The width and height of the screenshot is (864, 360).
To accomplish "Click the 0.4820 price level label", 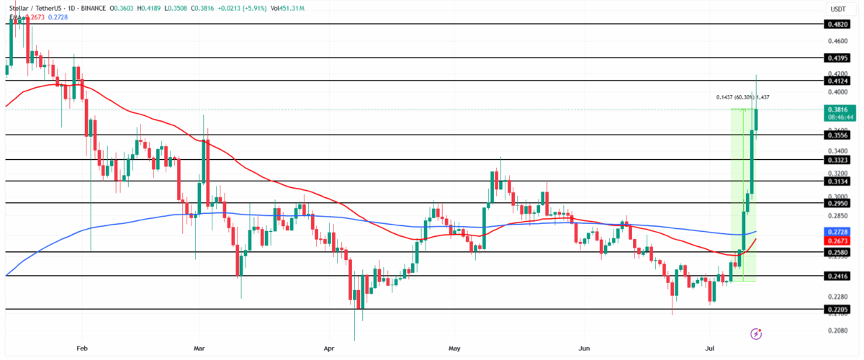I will pyautogui.click(x=837, y=24).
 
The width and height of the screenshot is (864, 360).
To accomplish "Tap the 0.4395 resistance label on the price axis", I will pyautogui.click(x=837, y=57).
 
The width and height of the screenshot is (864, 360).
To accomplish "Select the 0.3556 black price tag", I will pyautogui.click(x=837, y=135).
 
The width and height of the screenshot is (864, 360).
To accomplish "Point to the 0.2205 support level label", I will pyautogui.click(x=837, y=310).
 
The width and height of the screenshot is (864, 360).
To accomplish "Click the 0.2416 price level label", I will pyautogui.click(x=837, y=276).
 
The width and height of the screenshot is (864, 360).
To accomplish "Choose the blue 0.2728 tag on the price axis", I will pyautogui.click(x=837, y=232).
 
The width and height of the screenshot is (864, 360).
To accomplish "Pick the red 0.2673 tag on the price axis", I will pyautogui.click(x=837, y=241).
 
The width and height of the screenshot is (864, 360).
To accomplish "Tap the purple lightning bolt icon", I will pyautogui.click(x=756, y=333).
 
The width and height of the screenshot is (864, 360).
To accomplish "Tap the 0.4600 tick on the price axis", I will pyautogui.click(x=836, y=40).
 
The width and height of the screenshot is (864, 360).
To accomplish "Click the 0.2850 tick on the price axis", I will pyautogui.click(x=836, y=215).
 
